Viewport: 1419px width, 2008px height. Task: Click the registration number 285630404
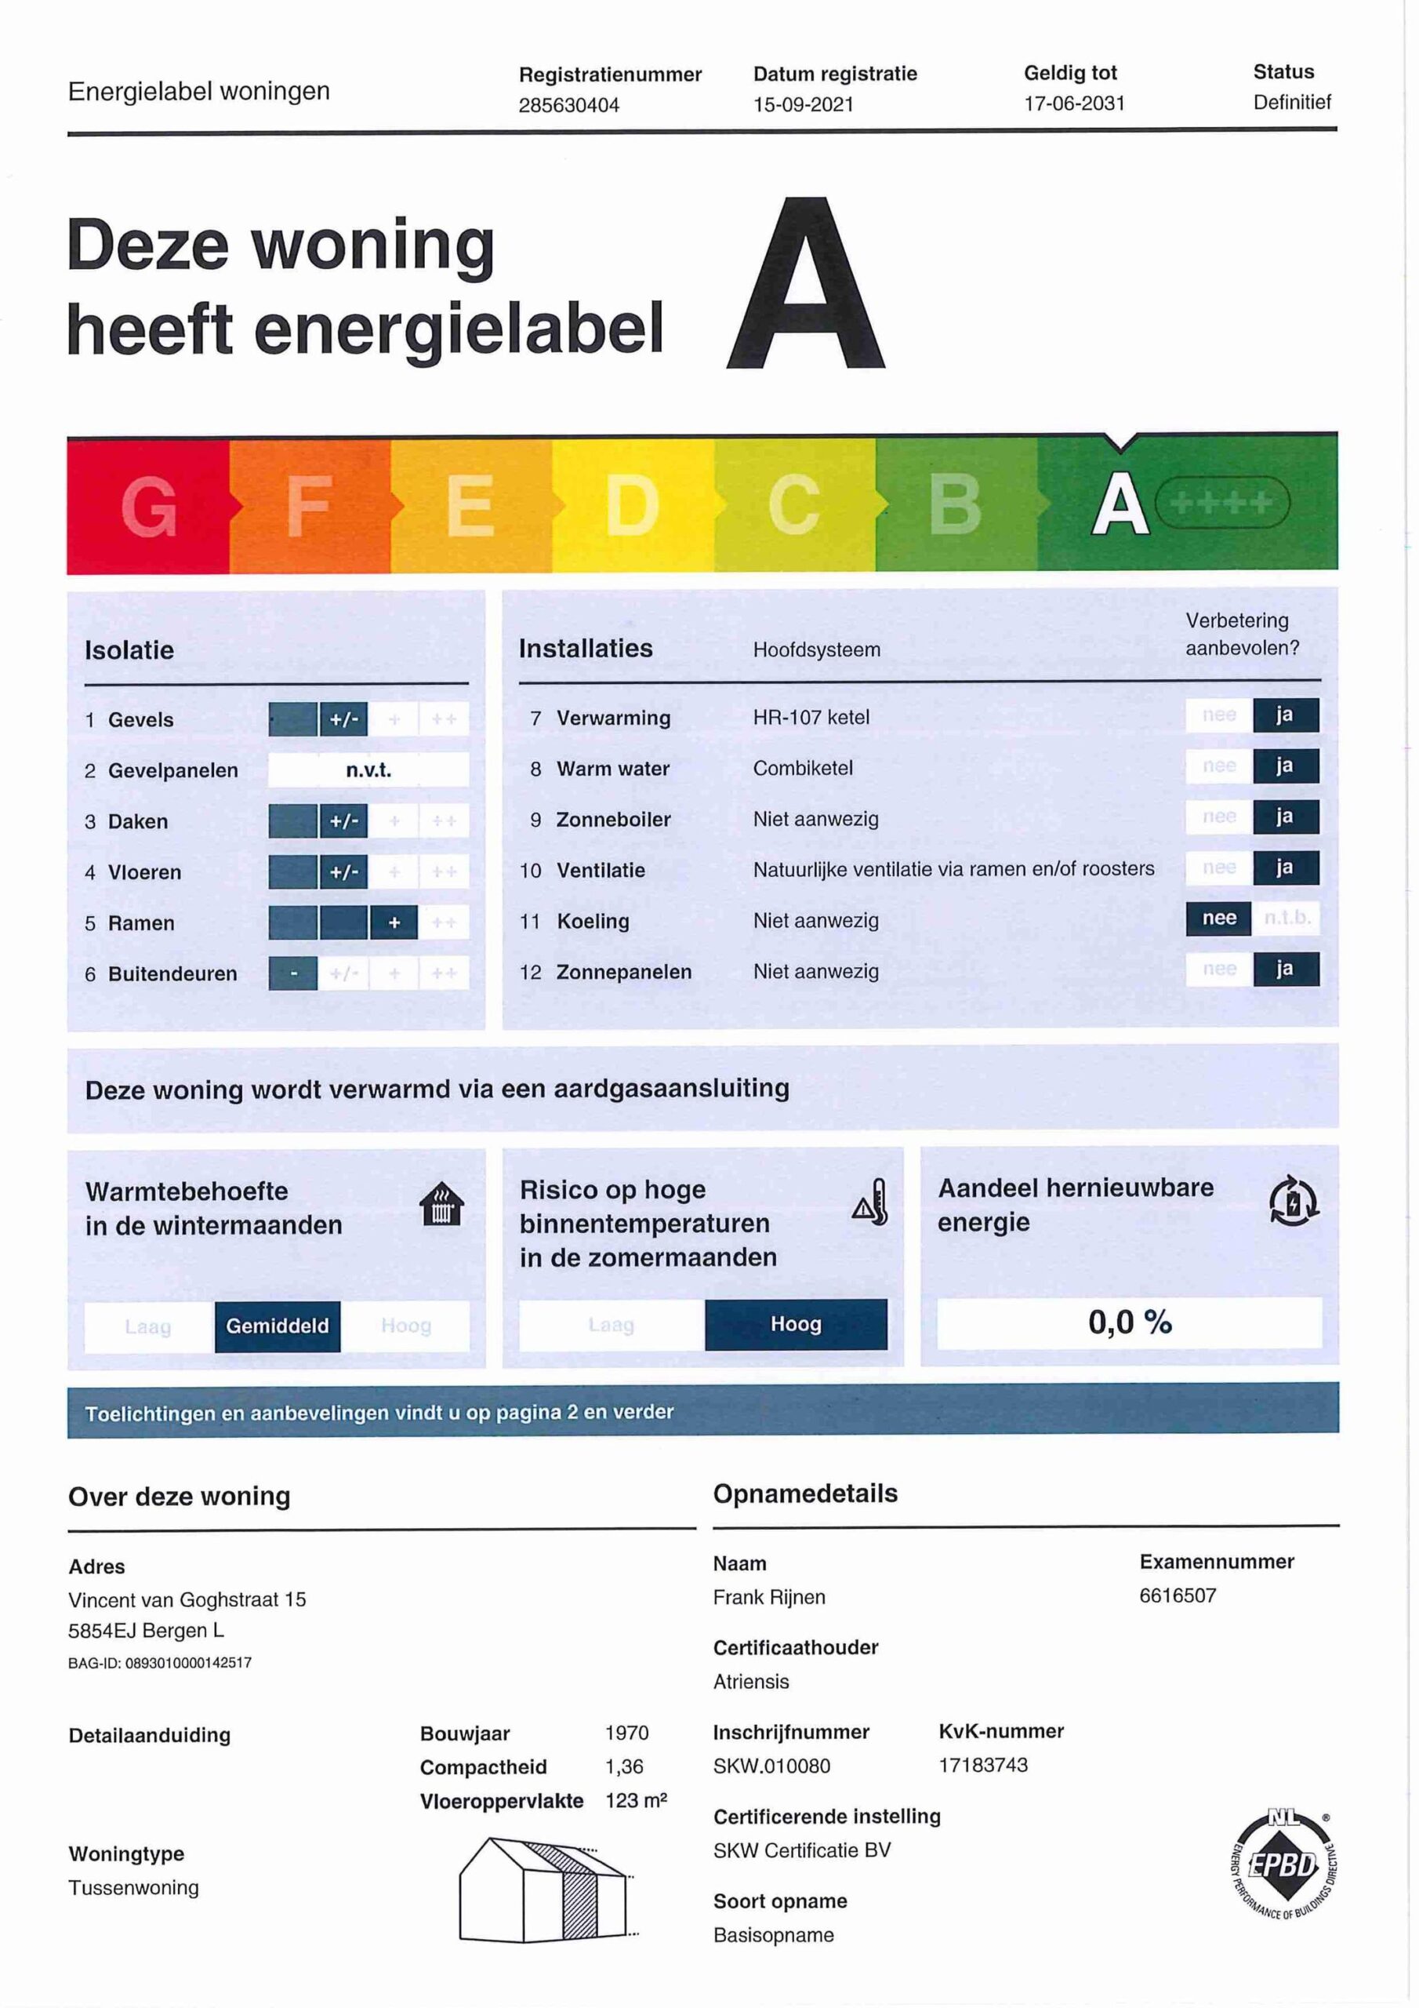tap(568, 105)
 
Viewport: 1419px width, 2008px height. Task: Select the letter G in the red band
tap(149, 507)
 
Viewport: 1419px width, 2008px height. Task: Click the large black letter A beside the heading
tap(805, 285)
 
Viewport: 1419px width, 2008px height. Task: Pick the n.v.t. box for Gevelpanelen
tap(368, 769)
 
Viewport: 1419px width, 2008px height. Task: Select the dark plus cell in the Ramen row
tap(394, 922)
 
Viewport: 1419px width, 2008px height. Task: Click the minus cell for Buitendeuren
tap(293, 973)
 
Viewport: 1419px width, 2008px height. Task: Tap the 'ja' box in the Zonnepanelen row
tap(1284, 969)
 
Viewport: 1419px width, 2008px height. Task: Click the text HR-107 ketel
tap(811, 717)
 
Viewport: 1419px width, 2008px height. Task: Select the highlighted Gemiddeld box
tap(278, 1326)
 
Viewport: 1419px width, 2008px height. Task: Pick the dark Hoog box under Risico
tap(795, 1324)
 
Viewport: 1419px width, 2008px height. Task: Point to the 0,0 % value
tap(1129, 1322)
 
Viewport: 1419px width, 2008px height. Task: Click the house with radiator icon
tap(441, 1204)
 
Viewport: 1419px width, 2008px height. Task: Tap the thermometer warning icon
tap(871, 1202)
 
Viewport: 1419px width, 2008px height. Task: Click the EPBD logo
tap(1283, 1865)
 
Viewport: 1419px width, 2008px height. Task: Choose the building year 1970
tap(626, 1733)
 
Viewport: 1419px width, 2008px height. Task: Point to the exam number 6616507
tap(1177, 1595)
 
